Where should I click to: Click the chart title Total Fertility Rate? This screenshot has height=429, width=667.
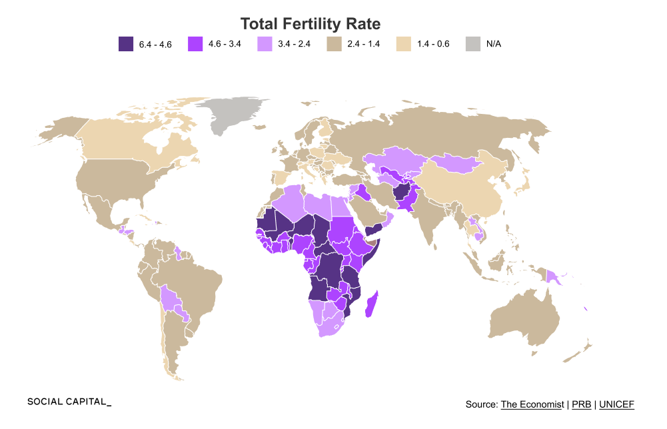[310, 24]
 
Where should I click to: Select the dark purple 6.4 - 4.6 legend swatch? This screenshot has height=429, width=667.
[126, 44]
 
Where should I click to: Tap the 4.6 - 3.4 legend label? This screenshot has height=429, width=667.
[224, 44]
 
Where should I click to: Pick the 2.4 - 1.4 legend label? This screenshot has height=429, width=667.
[364, 44]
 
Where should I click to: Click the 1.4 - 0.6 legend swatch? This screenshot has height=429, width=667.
[404, 44]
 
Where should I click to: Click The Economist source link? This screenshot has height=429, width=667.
[532, 404]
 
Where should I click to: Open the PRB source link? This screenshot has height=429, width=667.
[581, 404]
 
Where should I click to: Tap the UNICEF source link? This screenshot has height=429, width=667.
[616, 404]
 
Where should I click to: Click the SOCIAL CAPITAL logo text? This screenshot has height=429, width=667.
[69, 402]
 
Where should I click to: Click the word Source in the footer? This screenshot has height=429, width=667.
[480, 404]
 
